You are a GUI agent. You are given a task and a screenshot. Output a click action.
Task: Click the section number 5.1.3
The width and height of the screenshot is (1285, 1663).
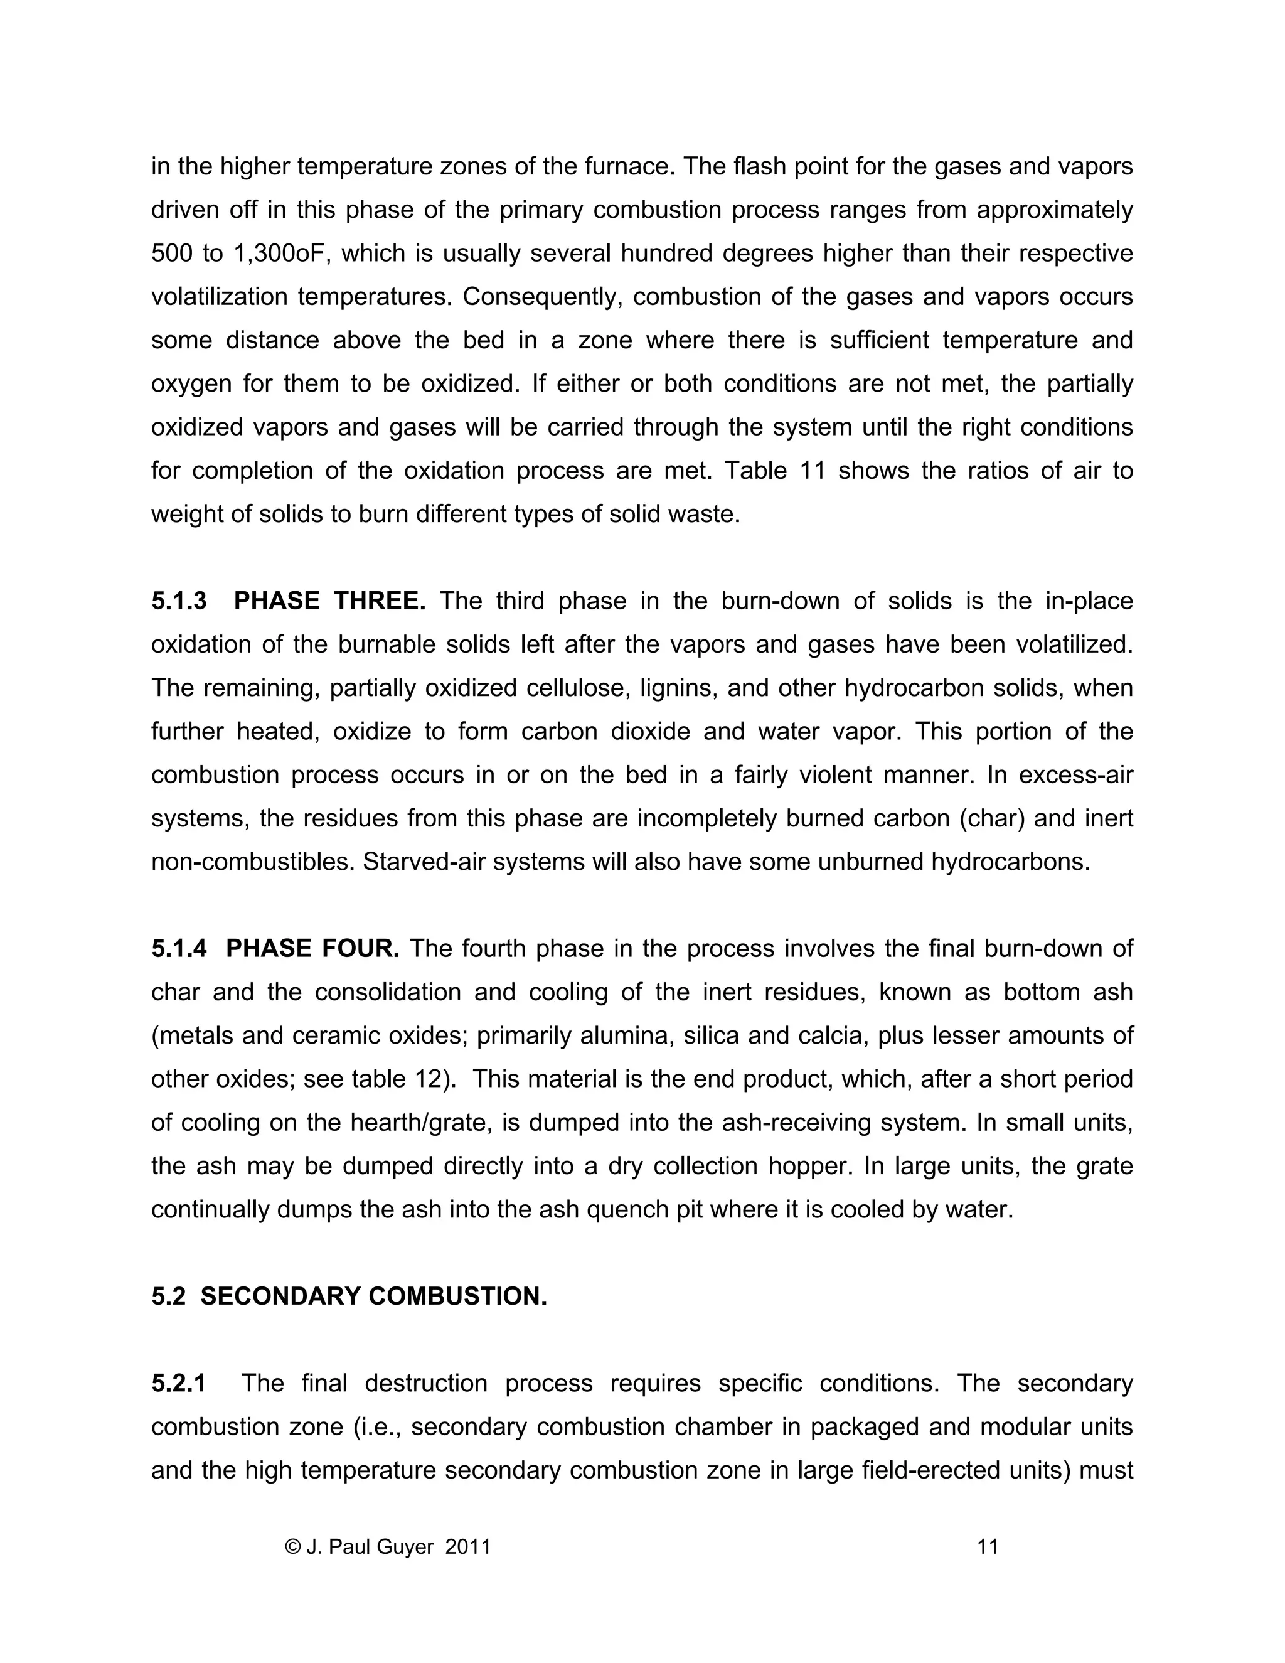point(179,602)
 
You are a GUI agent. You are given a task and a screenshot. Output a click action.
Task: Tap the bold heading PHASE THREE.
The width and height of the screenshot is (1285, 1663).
point(329,602)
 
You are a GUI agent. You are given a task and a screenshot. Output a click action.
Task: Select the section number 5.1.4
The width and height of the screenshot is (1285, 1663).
point(179,949)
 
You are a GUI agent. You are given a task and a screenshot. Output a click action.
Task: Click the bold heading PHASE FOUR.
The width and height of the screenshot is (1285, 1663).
point(313,949)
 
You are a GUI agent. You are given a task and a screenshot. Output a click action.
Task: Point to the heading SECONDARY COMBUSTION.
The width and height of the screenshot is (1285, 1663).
point(374,1296)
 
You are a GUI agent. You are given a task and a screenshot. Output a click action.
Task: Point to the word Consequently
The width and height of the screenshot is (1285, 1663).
point(543,297)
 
